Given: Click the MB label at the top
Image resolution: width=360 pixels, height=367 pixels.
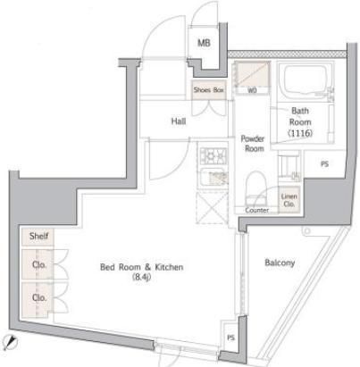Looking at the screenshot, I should point(205,43).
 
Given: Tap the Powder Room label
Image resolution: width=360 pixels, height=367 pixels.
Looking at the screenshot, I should point(253,143).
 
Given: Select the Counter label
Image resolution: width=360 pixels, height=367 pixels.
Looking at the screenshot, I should point(257,210).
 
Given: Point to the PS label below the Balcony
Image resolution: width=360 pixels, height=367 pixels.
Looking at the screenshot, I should point(230,337).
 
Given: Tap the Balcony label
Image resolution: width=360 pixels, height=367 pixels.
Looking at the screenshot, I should point(280,263).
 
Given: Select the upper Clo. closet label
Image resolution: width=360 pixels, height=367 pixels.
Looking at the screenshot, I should point(38,265).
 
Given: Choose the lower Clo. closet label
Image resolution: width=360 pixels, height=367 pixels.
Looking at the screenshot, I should point(38,297).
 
